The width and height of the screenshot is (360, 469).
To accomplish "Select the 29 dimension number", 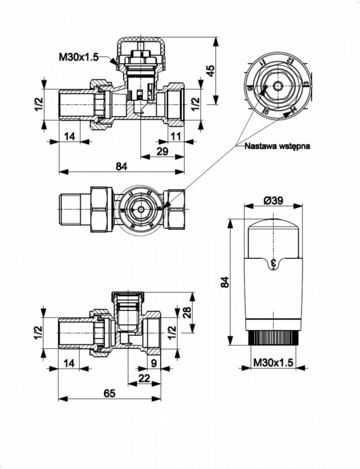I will (162, 152).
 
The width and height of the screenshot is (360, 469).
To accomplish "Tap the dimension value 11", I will (175, 136).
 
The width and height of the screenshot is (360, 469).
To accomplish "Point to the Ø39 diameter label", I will (273, 201).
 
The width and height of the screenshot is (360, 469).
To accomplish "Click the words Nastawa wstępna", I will (277, 145).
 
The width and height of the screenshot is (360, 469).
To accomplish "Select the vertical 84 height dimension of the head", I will (224, 282).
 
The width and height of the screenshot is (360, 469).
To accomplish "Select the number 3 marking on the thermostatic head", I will (274, 262).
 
